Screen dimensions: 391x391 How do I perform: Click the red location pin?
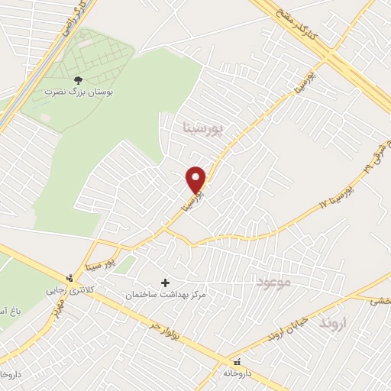(x=196, y=179)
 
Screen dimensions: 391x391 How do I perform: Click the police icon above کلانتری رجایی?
(x=70, y=278)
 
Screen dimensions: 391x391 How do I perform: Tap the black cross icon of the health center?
(x=165, y=282)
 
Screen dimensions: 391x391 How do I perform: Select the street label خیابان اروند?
(x=288, y=324)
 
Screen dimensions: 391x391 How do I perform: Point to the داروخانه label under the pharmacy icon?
(x=238, y=374)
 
